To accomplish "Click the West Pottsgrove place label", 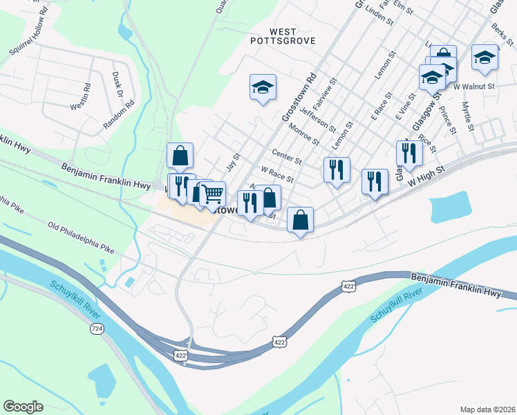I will pos(283,36).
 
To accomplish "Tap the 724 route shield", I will pos(97,329).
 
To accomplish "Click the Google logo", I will pos(23,406).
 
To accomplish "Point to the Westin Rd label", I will pos(81,98).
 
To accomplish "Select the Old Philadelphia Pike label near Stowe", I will pos(81,236).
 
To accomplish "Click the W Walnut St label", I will pos(475,86).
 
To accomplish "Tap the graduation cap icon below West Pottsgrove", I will pos(263,87).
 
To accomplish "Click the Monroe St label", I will pos(304,134).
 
